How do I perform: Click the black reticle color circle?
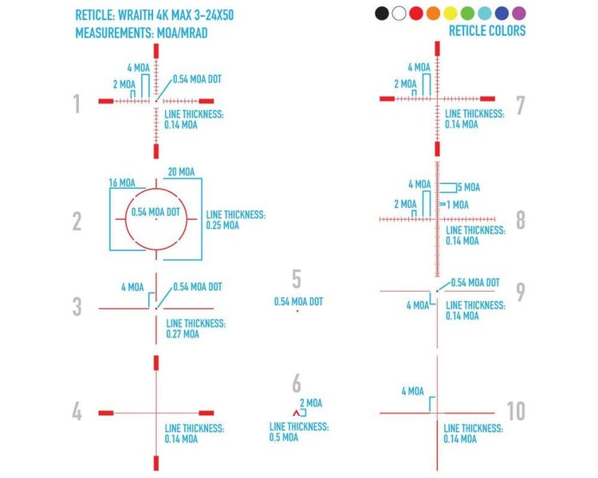[x=382, y=14]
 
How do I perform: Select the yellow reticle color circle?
[x=450, y=14]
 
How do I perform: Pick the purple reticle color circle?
[x=519, y=14]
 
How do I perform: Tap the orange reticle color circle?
[x=433, y=14]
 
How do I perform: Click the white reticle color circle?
[x=399, y=14]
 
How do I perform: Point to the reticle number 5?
[x=297, y=279]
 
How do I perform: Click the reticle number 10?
[x=516, y=411]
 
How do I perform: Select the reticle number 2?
[x=77, y=221]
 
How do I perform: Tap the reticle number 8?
[x=521, y=220]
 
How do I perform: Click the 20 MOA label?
[x=181, y=172]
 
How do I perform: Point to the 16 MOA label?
[x=122, y=183]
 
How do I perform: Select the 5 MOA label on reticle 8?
[x=469, y=187]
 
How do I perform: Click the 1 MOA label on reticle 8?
[x=458, y=205]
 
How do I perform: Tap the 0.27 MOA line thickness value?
[x=183, y=335]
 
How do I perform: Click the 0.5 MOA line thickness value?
[x=284, y=437]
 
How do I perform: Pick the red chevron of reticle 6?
[x=297, y=413]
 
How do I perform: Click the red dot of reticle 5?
[x=297, y=311]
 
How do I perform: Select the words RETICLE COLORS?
[x=487, y=30]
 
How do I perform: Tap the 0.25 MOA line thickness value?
[x=222, y=225]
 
